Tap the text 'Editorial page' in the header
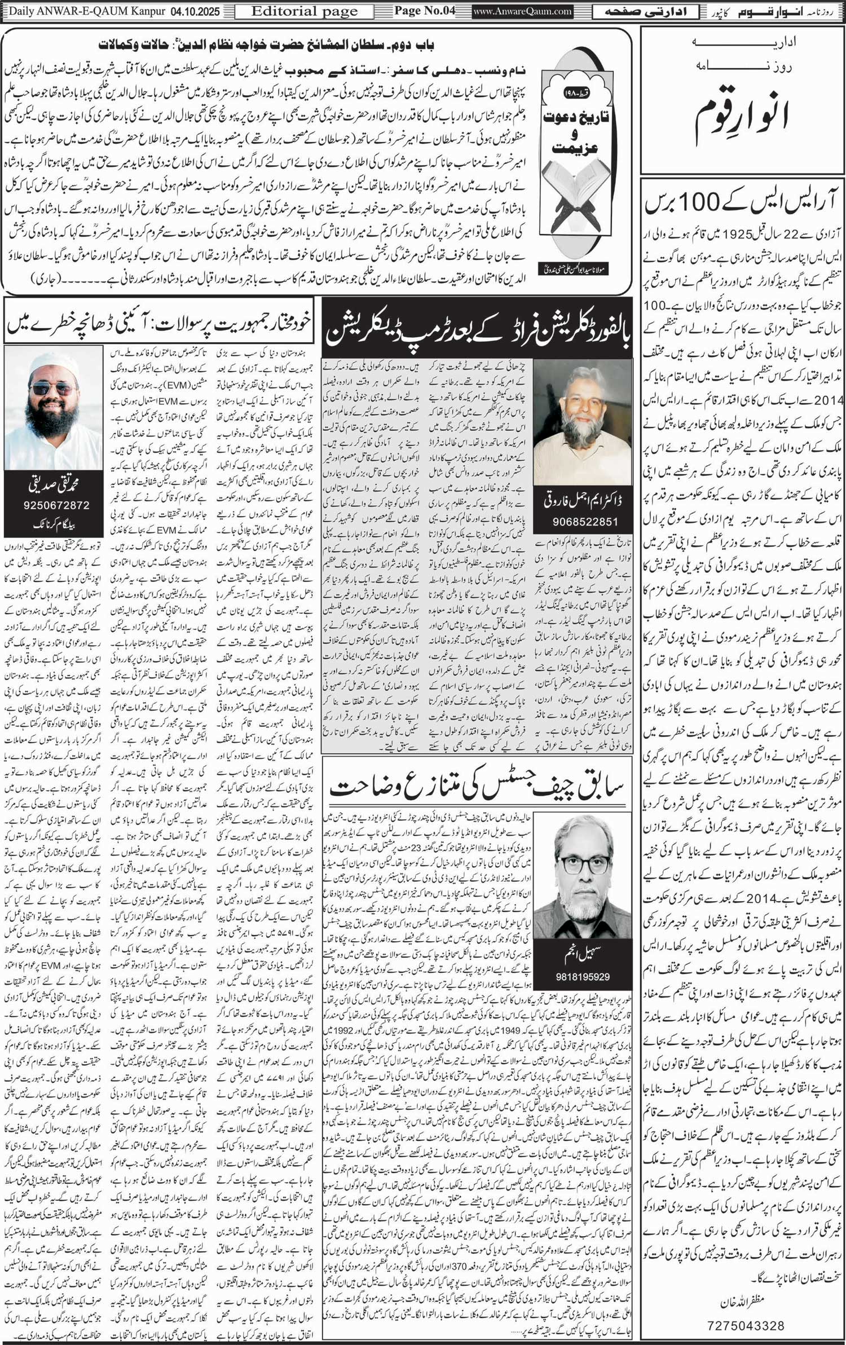tap(304, 11)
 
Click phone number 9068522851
tap(582, 521)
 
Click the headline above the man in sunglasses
tap(158, 325)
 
